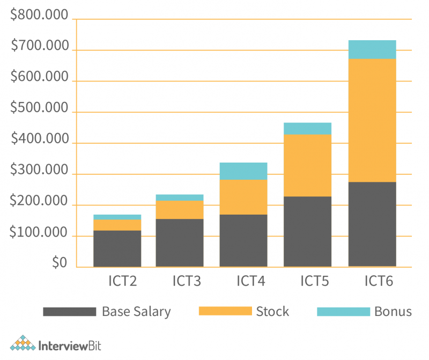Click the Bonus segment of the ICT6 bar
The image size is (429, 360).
pos(372,49)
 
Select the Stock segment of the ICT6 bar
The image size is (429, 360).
pos(372,120)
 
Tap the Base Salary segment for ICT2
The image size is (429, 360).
pos(117,248)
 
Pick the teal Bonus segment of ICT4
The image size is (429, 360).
pos(244,171)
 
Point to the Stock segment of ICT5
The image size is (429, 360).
pos(307,165)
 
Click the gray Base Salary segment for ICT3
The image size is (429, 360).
pos(180,243)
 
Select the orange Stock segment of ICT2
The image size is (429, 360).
pos(117,225)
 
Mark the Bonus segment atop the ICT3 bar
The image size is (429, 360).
pos(180,197)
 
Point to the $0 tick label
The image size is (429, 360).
pos(60,263)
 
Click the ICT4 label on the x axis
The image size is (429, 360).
pos(250,281)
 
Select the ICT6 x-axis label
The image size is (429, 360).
pos(379,281)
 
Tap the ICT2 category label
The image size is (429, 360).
pos(122,281)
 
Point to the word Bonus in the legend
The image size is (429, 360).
pos(393,312)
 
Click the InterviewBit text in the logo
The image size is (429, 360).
pos(70,344)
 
